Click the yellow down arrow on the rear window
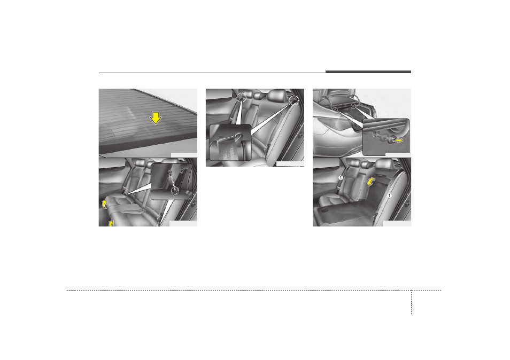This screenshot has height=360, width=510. tap(156, 118)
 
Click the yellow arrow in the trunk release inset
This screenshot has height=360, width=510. tap(398, 140)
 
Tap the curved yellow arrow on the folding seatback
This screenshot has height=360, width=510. tap(370, 182)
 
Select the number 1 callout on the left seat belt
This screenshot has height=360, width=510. tap(341, 178)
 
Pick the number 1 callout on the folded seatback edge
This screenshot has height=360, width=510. tap(389, 195)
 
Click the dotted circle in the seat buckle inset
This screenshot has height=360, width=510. tap(175, 190)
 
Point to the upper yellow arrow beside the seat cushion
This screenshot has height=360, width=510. tap(104, 204)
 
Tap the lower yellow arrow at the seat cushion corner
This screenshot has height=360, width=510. tap(111, 223)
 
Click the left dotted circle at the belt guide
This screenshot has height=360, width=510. tap(241, 97)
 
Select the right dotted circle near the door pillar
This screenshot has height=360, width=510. tap(293, 99)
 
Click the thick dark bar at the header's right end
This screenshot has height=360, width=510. tap(368, 72)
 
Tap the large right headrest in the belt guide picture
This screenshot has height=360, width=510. tap(277, 96)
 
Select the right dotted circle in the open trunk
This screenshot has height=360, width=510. tap(353, 105)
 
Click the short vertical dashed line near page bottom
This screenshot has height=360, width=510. tap(411, 302)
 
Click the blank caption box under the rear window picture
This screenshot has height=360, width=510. tap(184, 155)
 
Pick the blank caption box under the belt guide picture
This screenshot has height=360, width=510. tap(290, 164)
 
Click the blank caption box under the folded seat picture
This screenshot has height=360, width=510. tap(397, 224)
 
